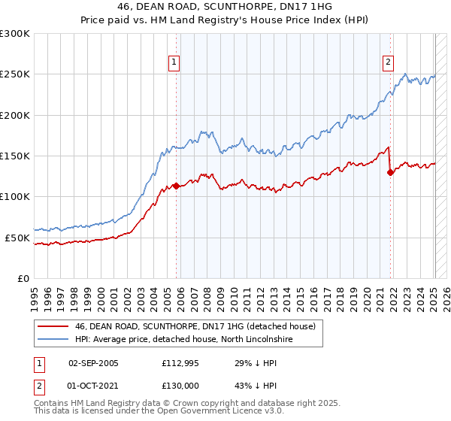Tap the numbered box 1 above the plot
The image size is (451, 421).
tap(174, 63)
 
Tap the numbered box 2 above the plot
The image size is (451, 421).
tap(389, 63)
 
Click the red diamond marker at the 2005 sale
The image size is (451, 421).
tap(176, 186)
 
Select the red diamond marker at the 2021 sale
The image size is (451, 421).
tap(390, 172)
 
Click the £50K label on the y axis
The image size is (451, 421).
tap(17, 238)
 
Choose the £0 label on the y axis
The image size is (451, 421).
tap(23, 278)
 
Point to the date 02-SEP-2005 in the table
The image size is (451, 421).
tap(93, 363)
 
